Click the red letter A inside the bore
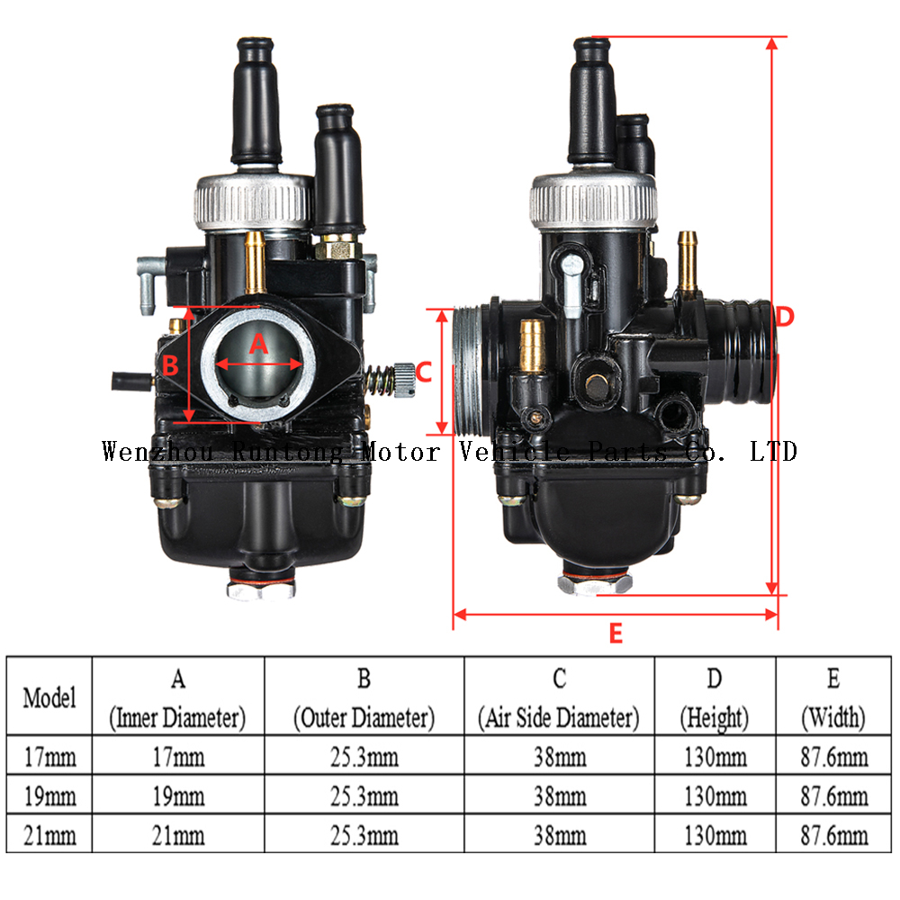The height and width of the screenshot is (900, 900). coord(258,343)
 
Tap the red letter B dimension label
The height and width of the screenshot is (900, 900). coord(170,366)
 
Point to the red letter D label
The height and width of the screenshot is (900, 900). coord(785,317)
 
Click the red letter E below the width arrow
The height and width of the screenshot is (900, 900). coord(616,634)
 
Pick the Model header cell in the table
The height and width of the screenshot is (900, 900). coord(49,697)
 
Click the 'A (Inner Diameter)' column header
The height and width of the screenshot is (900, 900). coord(177,697)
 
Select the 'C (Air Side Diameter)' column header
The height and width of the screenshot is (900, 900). coord(558,697)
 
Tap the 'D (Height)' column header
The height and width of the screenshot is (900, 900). coord(714,697)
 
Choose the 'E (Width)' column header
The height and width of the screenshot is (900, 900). coord(832,697)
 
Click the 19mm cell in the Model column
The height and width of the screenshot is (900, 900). coord(49,796)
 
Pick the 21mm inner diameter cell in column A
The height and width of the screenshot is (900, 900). coord(177,835)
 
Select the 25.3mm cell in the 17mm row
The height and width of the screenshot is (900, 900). coord(364,757)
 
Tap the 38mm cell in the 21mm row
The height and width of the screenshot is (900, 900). coord(558,835)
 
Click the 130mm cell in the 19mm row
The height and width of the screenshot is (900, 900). coord(714,796)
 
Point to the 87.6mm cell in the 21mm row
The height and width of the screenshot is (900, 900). coord(832,835)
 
